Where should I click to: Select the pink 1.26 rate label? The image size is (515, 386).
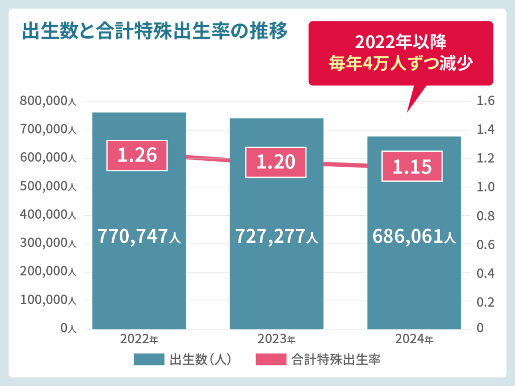tap(137, 155)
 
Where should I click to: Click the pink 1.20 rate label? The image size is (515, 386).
tap(275, 162)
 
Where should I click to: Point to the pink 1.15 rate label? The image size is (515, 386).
tap(412, 166)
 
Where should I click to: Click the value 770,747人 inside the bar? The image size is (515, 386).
tap(139, 235)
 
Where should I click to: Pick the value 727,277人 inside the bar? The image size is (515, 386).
tap(277, 235)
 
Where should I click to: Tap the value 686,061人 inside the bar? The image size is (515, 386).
tap(414, 235)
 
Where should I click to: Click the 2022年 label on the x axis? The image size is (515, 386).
tap(139, 339)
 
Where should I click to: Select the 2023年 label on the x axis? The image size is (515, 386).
tap(277, 339)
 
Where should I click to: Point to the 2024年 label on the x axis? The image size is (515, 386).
tap(414, 339)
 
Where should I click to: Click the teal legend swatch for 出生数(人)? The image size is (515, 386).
tap(149, 359)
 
